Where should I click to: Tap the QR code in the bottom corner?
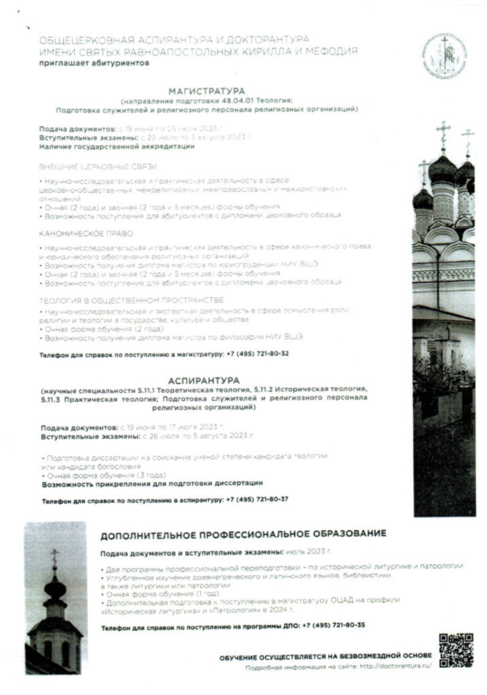coord(454,650)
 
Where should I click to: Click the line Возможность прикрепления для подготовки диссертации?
coord(152,483)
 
